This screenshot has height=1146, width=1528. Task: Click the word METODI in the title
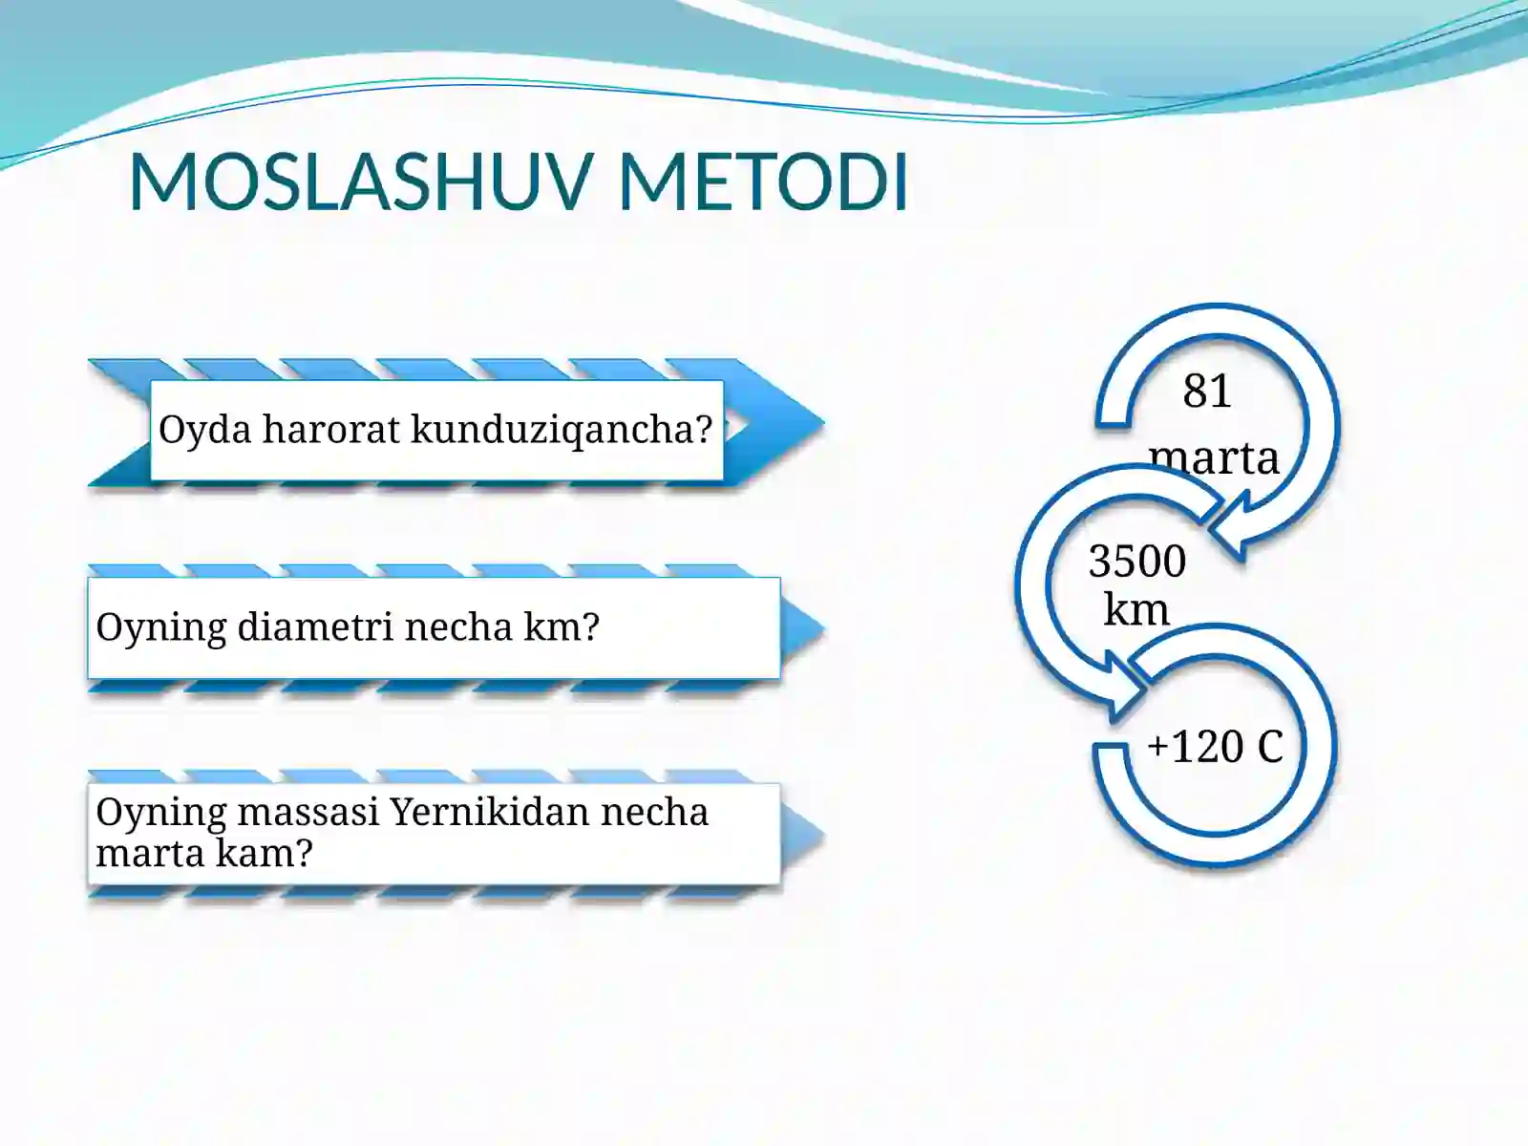pyautogui.click(x=762, y=181)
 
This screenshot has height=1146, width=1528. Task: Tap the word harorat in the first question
pyautogui.click(x=330, y=430)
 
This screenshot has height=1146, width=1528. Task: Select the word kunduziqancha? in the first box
pyautogui.click(x=562, y=430)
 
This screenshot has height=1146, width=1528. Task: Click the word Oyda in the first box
pyautogui.click(x=204, y=430)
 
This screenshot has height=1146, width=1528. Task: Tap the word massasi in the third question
pyautogui.click(x=308, y=813)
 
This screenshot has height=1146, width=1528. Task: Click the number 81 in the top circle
pyautogui.click(x=1207, y=392)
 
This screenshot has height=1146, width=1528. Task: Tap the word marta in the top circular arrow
pyautogui.click(x=1214, y=457)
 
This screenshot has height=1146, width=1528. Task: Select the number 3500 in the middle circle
pyautogui.click(x=1136, y=562)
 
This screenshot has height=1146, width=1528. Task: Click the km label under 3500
pyautogui.click(x=1135, y=609)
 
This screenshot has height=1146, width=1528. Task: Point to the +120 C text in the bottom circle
pyautogui.click(x=1215, y=747)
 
